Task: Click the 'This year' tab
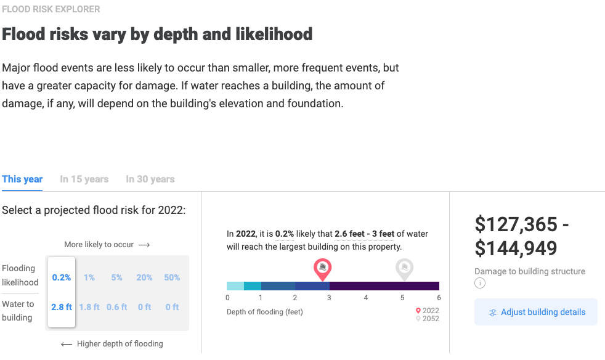[22, 179]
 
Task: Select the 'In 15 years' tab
[84, 179]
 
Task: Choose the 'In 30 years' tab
[150, 179]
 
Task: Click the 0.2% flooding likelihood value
[62, 277]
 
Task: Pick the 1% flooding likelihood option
[89, 277]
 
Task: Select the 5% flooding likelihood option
[117, 277]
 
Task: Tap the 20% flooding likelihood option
[145, 277]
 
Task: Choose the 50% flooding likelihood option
[173, 277]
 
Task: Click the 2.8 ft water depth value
[62, 307]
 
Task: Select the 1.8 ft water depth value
[89, 307]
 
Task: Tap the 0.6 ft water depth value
[117, 307]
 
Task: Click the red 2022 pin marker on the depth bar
[322, 268]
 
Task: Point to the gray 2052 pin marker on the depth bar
[404, 268]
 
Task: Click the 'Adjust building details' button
[535, 312]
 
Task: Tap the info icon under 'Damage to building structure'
[480, 284]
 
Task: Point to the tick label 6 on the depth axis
[439, 298]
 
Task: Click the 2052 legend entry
[428, 319]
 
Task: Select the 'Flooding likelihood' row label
[20, 276]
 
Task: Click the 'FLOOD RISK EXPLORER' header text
[51, 9]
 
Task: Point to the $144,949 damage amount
[516, 248]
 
